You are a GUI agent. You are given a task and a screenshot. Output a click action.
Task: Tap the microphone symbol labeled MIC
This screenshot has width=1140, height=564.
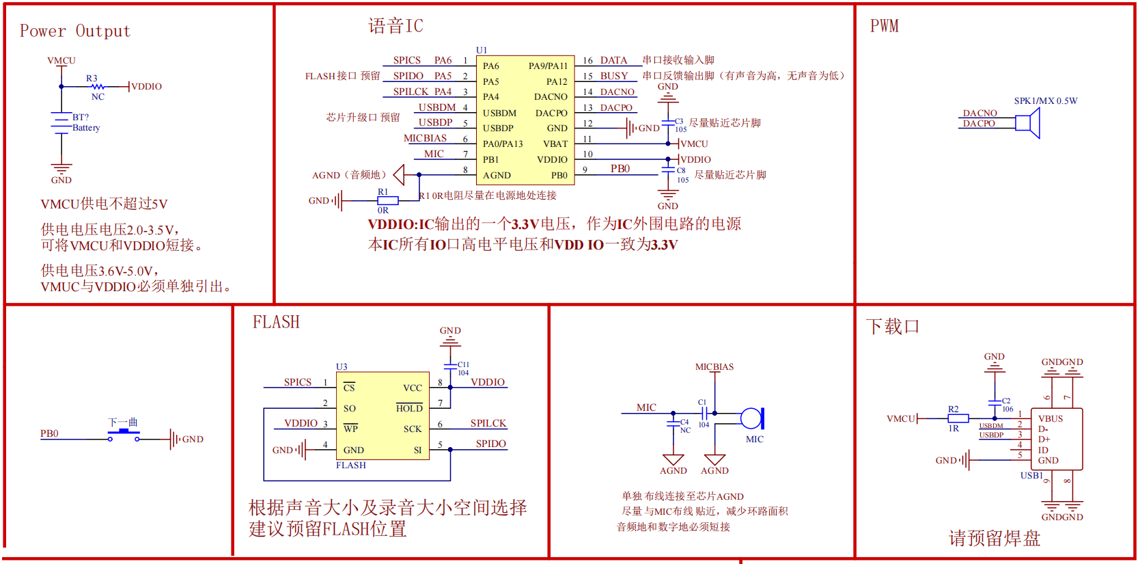click(x=752, y=418)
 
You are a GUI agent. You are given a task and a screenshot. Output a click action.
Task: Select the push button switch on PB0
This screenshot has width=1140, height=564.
click(x=124, y=435)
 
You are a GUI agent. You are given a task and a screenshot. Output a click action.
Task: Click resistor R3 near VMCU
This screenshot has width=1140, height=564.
click(x=98, y=87)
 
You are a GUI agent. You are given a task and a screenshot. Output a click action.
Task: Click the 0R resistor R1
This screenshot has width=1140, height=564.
click(x=387, y=201)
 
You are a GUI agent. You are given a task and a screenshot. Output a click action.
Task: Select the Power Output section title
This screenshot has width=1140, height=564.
click(x=74, y=31)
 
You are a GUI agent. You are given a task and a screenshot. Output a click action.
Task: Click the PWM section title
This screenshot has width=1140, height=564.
click(x=884, y=27)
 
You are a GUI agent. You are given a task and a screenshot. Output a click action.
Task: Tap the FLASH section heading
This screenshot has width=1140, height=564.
click(x=276, y=322)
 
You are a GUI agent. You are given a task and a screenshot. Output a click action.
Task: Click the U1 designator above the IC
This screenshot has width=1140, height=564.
click(x=482, y=50)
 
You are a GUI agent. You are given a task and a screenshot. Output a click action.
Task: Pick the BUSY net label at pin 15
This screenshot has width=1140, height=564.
click(x=613, y=76)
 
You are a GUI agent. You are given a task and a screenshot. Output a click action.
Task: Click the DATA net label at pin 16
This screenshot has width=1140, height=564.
click(x=613, y=60)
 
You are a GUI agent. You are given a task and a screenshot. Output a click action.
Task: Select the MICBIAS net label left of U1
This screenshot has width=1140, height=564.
click(x=425, y=138)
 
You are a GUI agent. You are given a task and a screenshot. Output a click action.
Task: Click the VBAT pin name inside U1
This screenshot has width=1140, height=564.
click(x=555, y=144)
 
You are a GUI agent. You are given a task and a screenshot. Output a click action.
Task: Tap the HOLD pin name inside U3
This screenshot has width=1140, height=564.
click(x=409, y=408)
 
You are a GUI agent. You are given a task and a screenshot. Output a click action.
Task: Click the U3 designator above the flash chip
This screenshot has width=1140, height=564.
click(x=342, y=366)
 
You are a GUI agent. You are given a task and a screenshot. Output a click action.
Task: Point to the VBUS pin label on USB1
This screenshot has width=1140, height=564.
click(x=1050, y=418)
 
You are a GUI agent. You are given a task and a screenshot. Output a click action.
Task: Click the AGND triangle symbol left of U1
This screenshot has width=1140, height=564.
click(x=399, y=175)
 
